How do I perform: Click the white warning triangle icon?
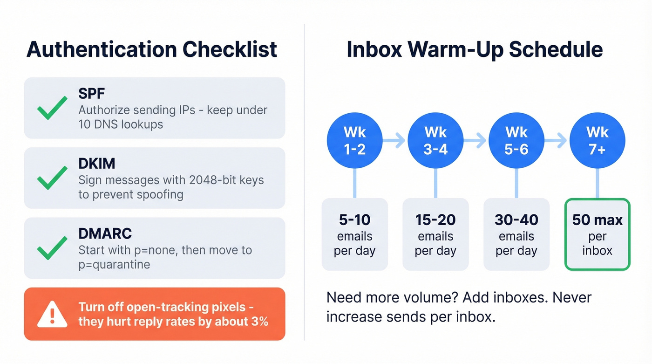pyautogui.click(x=52, y=314)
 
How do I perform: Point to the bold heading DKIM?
pyautogui.click(x=97, y=163)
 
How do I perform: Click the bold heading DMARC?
pyautogui.click(x=105, y=233)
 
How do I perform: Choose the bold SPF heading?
pyautogui.click(x=91, y=94)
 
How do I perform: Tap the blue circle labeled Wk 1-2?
pyautogui.click(x=355, y=140)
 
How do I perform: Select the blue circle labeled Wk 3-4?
pyautogui.click(x=435, y=140)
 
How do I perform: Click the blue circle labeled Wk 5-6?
pyautogui.click(x=516, y=140)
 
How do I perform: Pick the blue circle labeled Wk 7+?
pyautogui.click(x=597, y=140)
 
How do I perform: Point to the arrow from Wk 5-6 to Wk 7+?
pyautogui.click(x=557, y=140)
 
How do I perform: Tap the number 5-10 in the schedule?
pyautogui.click(x=355, y=220)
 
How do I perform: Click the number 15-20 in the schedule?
pyautogui.click(x=435, y=220)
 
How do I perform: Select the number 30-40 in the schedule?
pyautogui.click(x=516, y=220)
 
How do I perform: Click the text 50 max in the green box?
pyautogui.click(x=597, y=220)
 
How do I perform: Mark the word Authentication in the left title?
pyautogui.click(x=100, y=49)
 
